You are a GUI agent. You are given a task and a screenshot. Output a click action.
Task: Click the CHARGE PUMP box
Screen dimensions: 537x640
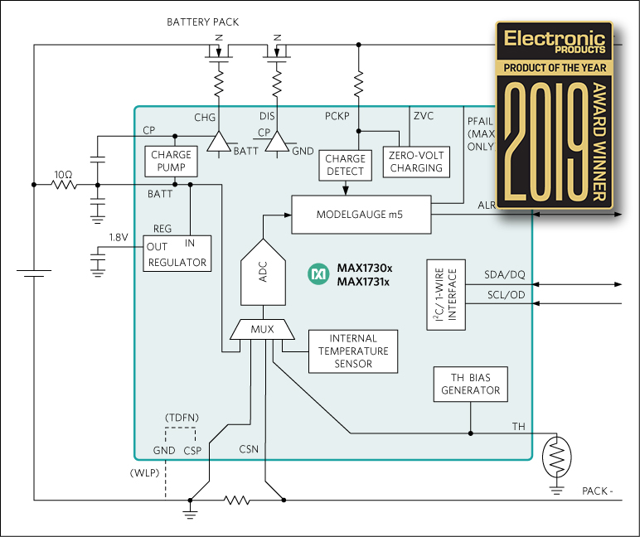(x=172, y=161)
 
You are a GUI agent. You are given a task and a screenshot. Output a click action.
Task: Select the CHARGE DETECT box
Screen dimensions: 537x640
(x=346, y=165)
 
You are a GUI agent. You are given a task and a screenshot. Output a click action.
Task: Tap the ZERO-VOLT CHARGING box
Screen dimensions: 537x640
(x=414, y=161)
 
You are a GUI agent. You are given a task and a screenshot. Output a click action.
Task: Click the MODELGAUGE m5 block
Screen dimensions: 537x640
(x=361, y=215)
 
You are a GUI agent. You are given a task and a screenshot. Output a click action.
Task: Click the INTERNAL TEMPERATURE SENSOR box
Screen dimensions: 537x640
(x=352, y=351)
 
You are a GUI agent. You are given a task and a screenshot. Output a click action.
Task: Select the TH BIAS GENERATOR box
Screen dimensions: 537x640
(x=470, y=384)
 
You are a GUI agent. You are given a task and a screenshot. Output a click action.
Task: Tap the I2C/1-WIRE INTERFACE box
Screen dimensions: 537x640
(x=446, y=295)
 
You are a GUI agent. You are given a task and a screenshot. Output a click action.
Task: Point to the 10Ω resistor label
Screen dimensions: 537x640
(x=64, y=174)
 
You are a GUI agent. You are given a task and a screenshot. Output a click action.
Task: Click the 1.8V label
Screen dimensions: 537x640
(x=119, y=237)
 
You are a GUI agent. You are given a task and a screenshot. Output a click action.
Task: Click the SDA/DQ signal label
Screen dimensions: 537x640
(x=504, y=274)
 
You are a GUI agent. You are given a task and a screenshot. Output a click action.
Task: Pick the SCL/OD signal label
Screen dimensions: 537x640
(x=504, y=295)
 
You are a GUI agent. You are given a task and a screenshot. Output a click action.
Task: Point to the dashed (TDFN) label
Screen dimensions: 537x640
(x=180, y=416)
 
